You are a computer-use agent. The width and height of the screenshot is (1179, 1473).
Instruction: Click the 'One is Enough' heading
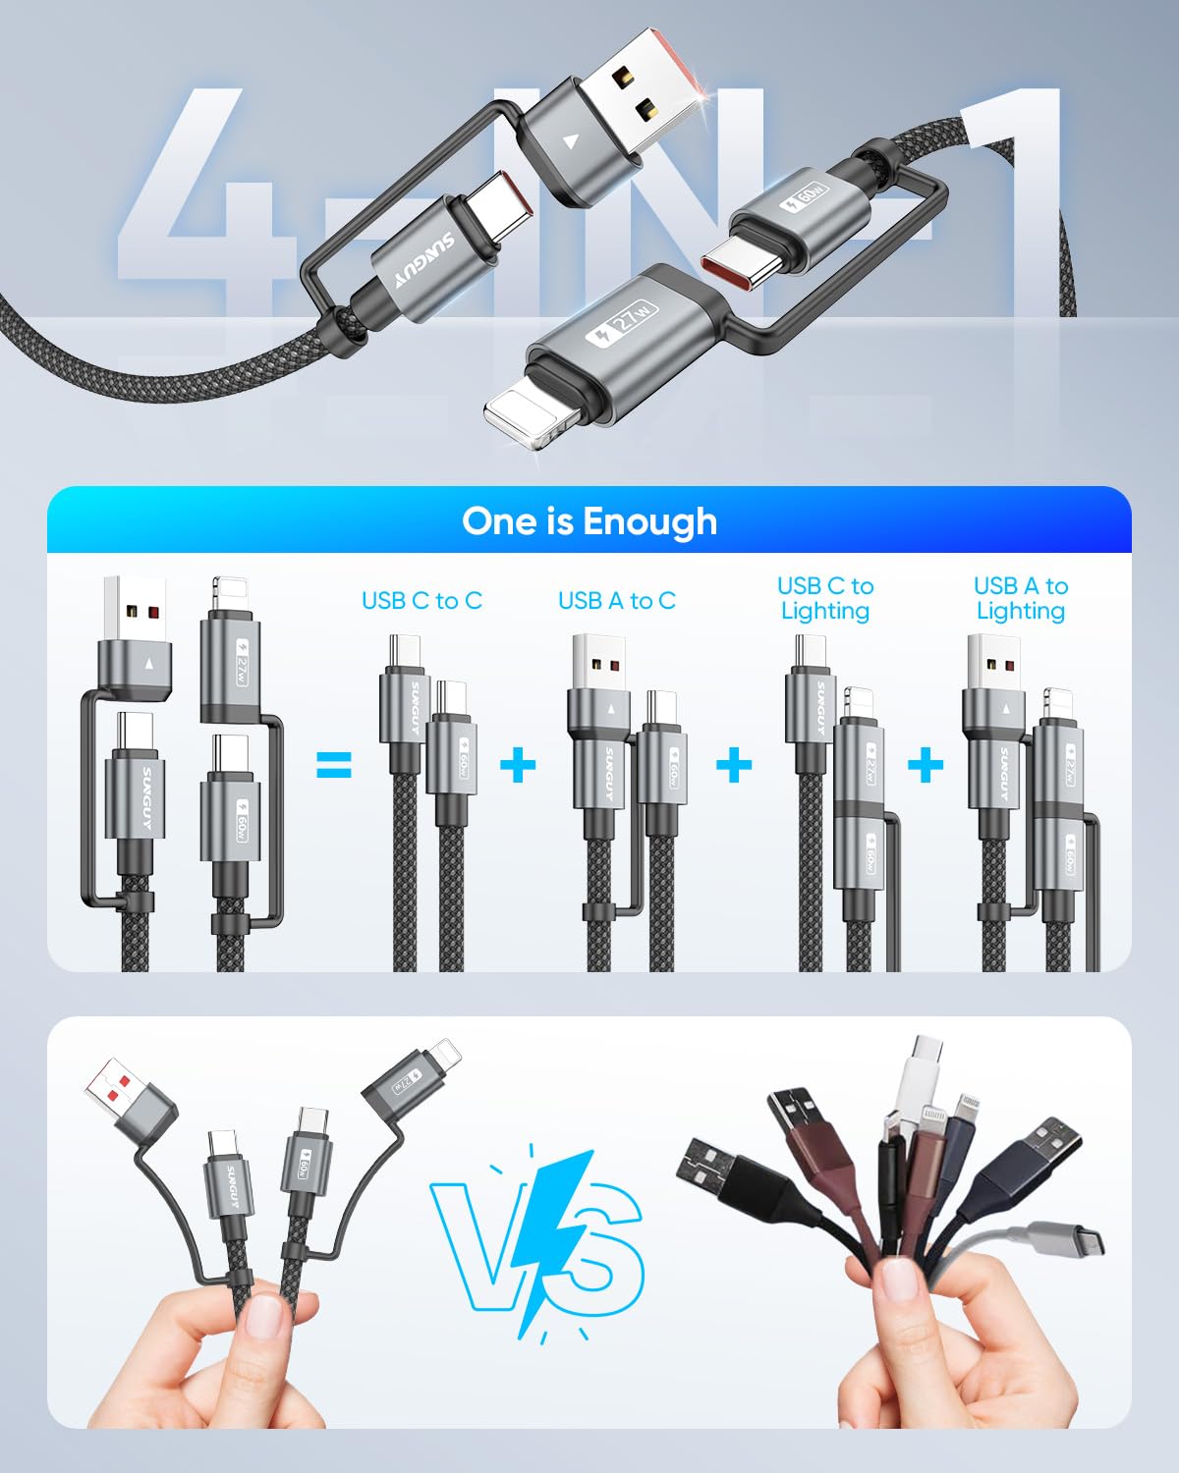click(x=589, y=521)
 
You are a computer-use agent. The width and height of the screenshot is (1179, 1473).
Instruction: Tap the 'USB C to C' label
click(x=421, y=601)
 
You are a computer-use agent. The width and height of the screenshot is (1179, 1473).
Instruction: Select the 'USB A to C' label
click(x=617, y=601)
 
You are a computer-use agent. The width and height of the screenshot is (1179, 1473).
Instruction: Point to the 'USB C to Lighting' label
click(x=824, y=598)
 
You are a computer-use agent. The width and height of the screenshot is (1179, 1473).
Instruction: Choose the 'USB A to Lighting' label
click(x=1020, y=598)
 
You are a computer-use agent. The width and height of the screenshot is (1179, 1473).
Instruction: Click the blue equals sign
click(x=334, y=765)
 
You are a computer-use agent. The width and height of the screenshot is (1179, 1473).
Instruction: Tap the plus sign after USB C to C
click(x=518, y=765)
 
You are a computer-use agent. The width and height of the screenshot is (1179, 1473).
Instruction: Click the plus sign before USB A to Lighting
click(x=926, y=765)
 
